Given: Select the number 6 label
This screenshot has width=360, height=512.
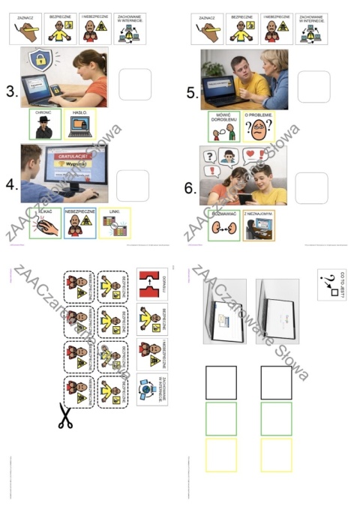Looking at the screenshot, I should [190, 187].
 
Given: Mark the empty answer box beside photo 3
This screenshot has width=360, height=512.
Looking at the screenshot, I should [135, 84].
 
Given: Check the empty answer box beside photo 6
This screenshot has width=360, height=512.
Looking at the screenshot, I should [311, 187].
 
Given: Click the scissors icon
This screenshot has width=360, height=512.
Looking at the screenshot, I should [65, 415].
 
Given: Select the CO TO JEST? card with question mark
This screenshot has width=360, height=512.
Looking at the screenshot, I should [331, 286].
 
